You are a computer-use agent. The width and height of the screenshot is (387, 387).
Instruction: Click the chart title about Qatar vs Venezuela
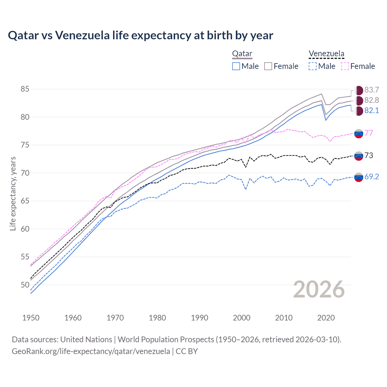(x=141, y=35)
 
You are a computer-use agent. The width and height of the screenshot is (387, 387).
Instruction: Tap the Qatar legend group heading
(x=242, y=54)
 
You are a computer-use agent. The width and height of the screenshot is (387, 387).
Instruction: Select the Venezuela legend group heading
(x=326, y=54)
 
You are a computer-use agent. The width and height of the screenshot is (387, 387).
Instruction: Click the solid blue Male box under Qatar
(x=236, y=66)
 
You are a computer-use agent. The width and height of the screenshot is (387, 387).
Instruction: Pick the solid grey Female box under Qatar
(x=268, y=66)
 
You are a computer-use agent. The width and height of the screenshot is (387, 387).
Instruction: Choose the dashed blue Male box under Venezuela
(x=313, y=66)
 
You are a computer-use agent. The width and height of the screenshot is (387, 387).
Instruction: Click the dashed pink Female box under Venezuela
(x=345, y=66)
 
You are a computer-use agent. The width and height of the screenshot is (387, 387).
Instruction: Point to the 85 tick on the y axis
(x=25, y=89)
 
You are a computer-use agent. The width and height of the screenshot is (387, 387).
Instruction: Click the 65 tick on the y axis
(x=25, y=201)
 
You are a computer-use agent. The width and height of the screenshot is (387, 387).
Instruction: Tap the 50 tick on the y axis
(x=25, y=285)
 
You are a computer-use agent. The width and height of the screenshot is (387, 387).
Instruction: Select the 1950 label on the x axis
(x=31, y=318)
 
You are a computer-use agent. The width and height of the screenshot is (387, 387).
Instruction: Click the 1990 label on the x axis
(x=200, y=318)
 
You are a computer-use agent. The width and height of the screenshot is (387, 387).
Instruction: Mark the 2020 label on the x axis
(x=326, y=318)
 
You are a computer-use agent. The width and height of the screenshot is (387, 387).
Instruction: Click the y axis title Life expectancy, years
(x=13, y=193)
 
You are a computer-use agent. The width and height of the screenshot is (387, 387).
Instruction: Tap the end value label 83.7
(x=372, y=90)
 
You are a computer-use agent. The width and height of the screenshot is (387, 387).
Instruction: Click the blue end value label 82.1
(x=372, y=111)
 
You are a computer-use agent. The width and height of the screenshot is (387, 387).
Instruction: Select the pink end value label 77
(x=369, y=133)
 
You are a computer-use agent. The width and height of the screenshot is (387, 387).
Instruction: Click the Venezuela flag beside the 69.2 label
(x=359, y=177)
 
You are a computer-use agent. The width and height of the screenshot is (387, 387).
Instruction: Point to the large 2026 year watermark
(x=319, y=290)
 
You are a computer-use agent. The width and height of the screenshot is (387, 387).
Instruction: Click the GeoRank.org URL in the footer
(x=91, y=351)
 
